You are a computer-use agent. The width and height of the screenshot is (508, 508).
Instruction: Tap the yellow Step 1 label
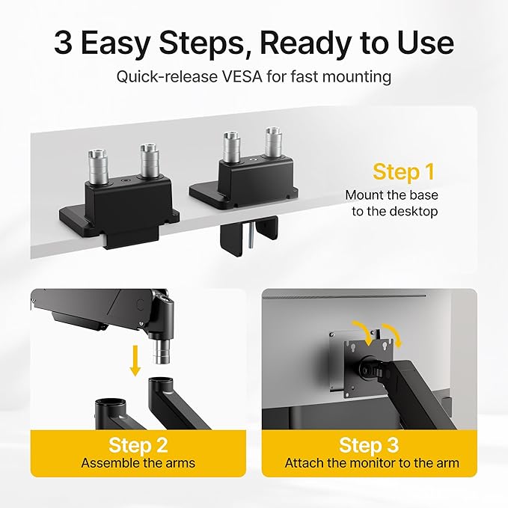click(403, 171)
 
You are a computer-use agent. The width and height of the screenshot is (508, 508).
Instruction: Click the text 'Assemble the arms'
click(138, 463)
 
